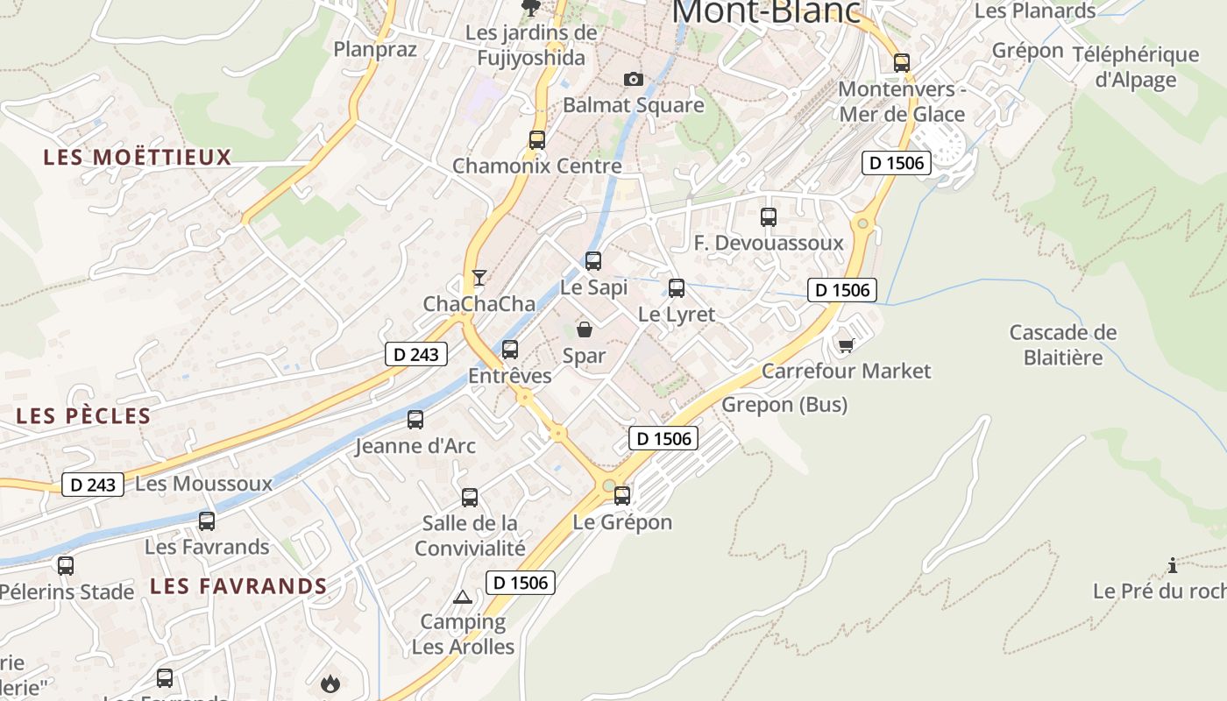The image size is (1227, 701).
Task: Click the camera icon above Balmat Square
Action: coord(633,80)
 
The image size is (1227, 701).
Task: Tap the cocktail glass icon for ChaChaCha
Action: coord(479,278)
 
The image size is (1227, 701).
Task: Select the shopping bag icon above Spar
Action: coord(585,329)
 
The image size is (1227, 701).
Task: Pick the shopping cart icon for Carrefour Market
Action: coord(846,345)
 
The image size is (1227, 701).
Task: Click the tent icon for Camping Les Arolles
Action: coord(463,598)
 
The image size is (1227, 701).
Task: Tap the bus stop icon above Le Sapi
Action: coord(593,261)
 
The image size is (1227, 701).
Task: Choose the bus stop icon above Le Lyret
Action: coord(676,288)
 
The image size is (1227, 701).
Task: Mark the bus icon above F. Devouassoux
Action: coord(769,217)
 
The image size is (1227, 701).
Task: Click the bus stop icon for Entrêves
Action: coord(510,350)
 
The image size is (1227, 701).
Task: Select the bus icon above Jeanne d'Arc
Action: coord(415,420)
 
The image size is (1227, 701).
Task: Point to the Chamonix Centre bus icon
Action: coord(537,140)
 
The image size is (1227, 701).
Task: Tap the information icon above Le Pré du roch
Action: coord(1173,565)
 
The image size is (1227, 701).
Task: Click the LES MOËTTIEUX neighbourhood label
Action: coord(138,158)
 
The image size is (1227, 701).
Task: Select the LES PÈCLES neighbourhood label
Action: coord(83,415)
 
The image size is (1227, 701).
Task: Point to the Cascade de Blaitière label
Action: coord(1063,345)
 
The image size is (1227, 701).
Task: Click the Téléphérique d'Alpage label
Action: coord(1136,67)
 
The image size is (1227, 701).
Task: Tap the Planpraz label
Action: coord(375,49)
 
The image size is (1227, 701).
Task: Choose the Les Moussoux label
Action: coord(204,484)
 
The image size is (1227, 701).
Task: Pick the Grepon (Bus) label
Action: coord(784,405)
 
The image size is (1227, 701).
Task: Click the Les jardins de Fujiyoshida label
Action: coord(531,46)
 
